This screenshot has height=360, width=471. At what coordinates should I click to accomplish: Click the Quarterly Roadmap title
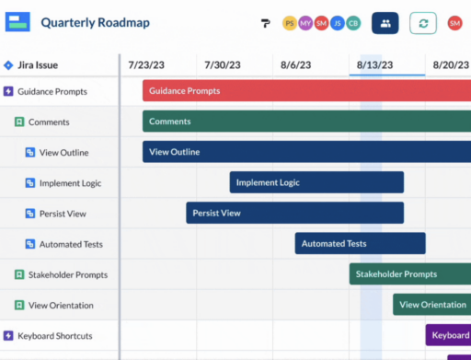(95, 22)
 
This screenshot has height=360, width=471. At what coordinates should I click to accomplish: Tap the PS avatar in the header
(290, 23)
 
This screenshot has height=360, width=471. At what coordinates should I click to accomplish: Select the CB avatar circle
(353, 23)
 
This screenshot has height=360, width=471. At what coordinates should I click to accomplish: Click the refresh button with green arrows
(423, 23)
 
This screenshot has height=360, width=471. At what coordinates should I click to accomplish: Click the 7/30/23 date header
(222, 65)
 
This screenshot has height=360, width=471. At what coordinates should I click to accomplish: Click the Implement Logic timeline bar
(316, 182)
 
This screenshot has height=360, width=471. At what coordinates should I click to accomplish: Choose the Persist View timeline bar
(294, 213)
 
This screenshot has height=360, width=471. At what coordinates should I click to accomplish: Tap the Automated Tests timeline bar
(360, 243)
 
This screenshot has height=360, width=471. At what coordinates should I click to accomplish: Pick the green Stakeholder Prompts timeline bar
(409, 273)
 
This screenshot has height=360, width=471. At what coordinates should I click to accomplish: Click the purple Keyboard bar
(448, 335)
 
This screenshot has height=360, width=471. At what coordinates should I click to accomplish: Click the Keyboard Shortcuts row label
(54, 336)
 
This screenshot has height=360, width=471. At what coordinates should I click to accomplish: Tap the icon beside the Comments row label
(19, 122)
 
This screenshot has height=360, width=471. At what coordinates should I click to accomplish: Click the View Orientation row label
(61, 305)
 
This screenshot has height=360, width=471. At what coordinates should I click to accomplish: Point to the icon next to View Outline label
(29, 152)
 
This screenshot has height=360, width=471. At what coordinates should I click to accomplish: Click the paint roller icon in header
(265, 23)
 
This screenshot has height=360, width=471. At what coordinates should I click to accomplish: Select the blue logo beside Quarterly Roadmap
(18, 22)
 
